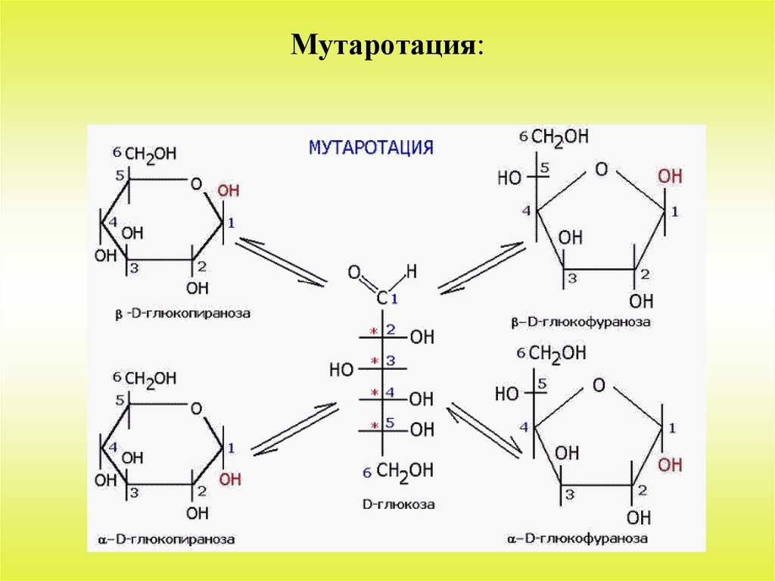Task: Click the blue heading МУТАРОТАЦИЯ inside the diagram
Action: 371,147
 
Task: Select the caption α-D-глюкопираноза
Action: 166,539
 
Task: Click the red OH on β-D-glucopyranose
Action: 228,192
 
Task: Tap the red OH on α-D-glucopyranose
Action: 230,479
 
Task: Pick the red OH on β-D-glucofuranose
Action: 669,176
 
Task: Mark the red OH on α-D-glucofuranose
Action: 670,464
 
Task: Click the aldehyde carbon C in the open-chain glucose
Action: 382,297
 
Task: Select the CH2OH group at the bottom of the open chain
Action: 405,471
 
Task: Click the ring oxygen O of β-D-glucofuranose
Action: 601,169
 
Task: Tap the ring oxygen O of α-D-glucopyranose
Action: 197,409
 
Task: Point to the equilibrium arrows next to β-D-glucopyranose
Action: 281,261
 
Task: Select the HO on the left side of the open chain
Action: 342,370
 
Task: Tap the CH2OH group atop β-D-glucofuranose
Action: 560,137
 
